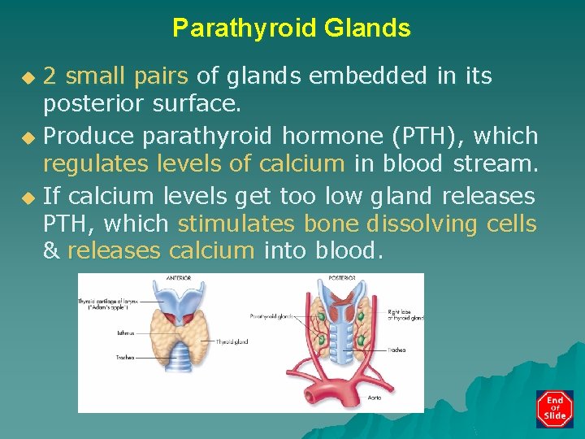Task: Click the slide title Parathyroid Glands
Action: click(x=292, y=28)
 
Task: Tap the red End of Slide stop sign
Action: click(x=555, y=409)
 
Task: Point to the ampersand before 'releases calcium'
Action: click(x=51, y=251)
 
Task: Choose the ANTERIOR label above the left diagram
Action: click(x=179, y=278)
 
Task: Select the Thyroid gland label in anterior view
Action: click(x=232, y=341)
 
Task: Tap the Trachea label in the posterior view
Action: click(x=396, y=350)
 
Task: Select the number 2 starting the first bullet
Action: click(x=50, y=76)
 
